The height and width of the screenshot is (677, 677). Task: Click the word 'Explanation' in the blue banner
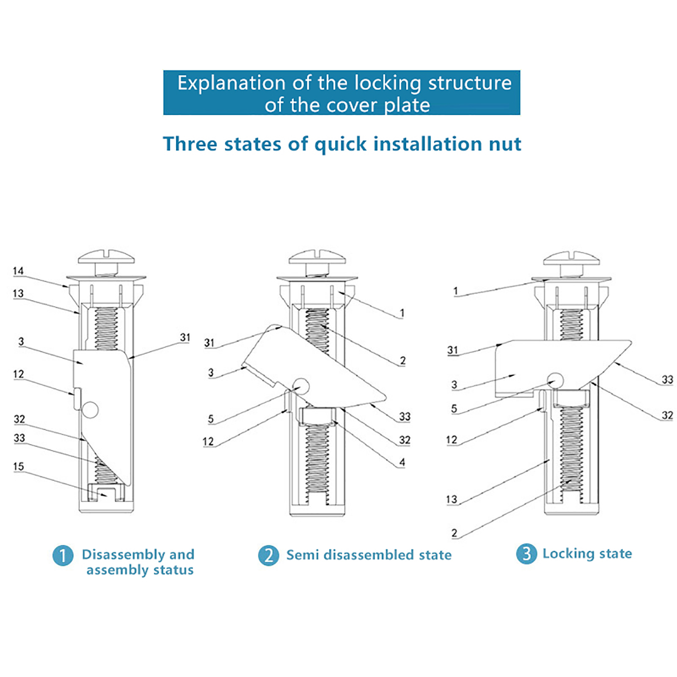point(231,83)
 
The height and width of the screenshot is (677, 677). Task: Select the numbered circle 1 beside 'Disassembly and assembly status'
point(63,555)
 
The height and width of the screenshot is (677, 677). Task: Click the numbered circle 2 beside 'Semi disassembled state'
point(269,555)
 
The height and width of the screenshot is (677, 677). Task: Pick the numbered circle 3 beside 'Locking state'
point(526,553)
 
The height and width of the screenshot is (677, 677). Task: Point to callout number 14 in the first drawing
point(18,271)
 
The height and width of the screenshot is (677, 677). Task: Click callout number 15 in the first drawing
point(18,466)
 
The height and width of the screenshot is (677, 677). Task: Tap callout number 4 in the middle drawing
point(402,462)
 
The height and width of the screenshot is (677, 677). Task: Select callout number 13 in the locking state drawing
point(451,499)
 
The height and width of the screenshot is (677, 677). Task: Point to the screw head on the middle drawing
point(317,256)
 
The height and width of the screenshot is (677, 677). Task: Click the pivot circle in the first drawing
point(90,410)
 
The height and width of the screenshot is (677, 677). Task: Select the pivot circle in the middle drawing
point(301,386)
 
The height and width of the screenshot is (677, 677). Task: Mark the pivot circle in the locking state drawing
point(556,380)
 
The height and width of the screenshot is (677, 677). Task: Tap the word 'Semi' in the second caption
point(302,555)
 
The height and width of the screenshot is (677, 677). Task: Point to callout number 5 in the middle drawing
point(211,419)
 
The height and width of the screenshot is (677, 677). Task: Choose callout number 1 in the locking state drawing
point(455,291)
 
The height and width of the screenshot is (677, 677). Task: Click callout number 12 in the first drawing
point(18,374)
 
